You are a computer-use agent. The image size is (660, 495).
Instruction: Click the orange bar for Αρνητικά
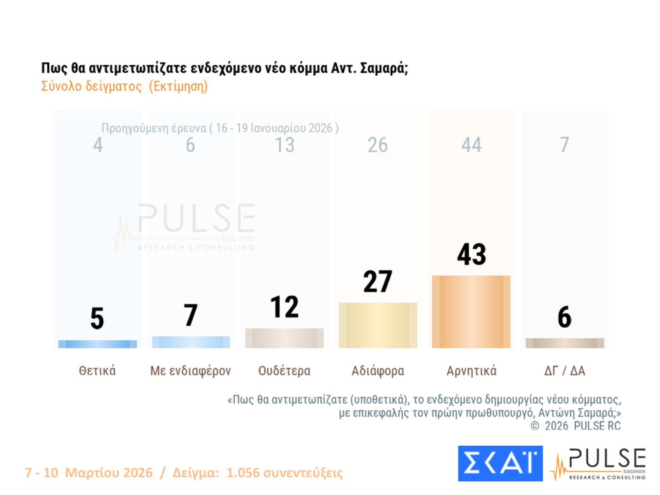click(x=471, y=312)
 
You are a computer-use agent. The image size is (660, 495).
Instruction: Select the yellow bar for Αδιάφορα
click(x=378, y=325)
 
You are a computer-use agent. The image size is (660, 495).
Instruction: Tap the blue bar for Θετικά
click(x=97, y=344)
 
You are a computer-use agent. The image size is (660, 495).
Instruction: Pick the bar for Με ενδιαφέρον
click(x=191, y=342)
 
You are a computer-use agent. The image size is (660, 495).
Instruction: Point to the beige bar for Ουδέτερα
click(x=284, y=338)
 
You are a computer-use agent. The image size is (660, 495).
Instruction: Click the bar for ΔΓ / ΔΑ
click(x=564, y=343)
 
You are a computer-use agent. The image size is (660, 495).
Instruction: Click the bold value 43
click(x=471, y=254)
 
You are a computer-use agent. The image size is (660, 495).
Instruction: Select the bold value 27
click(x=378, y=281)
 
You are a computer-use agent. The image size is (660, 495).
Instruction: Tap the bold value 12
click(x=284, y=307)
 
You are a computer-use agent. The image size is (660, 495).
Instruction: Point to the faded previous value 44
click(x=471, y=145)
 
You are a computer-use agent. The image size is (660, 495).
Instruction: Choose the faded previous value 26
click(x=378, y=145)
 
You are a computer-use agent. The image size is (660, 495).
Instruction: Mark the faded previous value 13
click(x=284, y=145)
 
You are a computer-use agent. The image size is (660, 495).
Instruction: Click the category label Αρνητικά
click(x=471, y=371)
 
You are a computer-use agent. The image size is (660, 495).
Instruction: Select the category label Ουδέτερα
click(x=284, y=371)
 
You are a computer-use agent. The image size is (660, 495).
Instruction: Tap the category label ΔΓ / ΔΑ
click(x=564, y=371)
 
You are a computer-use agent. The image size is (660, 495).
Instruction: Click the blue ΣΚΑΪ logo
click(x=500, y=463)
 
